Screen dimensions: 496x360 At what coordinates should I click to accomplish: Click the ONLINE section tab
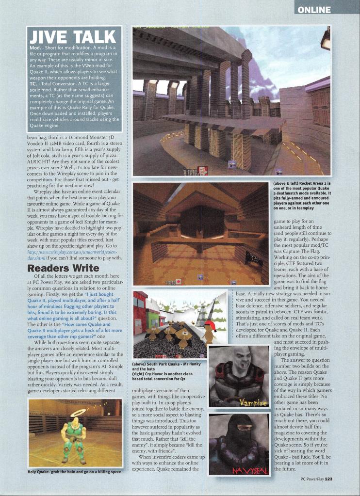[314, 10]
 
